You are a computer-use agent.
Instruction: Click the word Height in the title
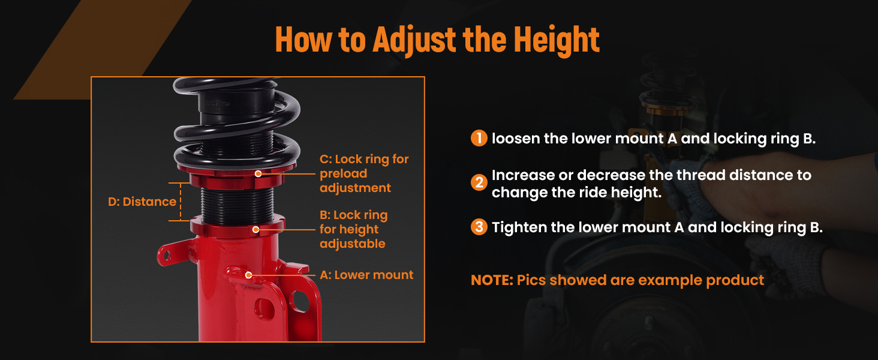coord(557,40)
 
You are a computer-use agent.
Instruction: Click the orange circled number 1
coord(479,138)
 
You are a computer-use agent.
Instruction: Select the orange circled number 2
coord(479,182)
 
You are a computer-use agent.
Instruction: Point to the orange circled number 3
coord(479,227)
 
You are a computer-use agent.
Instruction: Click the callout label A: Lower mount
coord(366,275)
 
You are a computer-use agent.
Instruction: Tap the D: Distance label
coord(142,202)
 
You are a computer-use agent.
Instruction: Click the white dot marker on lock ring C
coord(258,173)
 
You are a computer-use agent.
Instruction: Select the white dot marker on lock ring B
coord(255,229)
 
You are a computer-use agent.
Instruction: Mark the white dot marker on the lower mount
coord(248,275)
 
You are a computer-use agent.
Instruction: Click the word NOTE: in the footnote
coord(492,280)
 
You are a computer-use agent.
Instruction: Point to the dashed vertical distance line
coord(181,202)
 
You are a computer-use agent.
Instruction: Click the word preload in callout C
coord(344,174)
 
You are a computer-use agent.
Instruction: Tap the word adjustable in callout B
coord(353,244)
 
